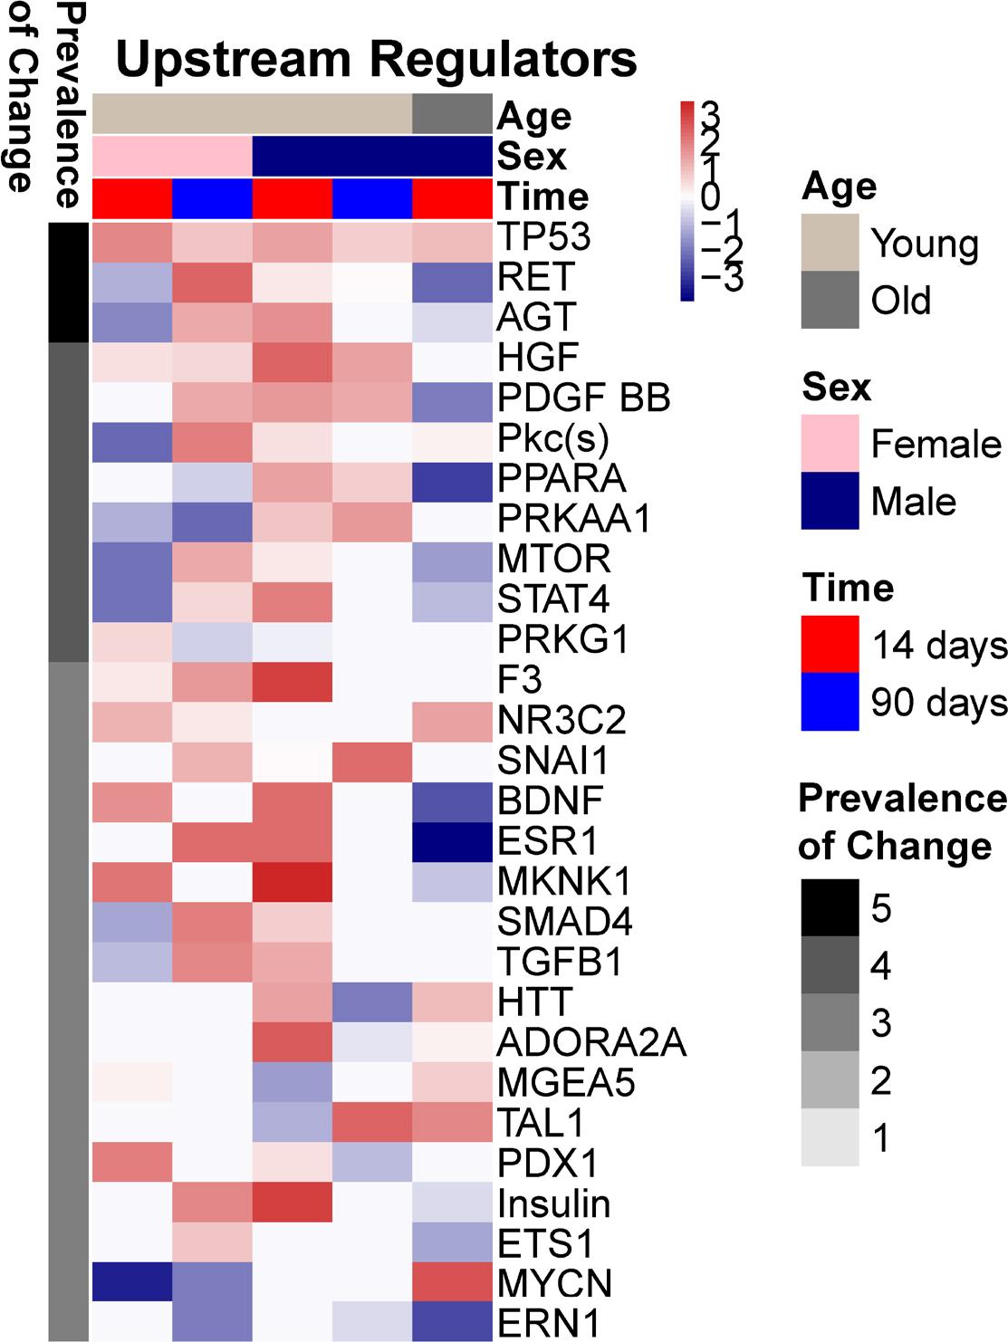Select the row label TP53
(543, 237)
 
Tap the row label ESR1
(548, 840)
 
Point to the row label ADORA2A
(591, 1042)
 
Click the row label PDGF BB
(584, 398)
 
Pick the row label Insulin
(554, 1203)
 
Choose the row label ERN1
(549, 1324)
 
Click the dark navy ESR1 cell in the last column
(452, 840)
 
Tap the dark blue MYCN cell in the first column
(132, 1283)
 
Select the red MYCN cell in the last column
(452, 1283)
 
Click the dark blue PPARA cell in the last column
(452, 478)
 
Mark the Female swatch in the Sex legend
(830, 444)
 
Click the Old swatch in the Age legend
(830, 300)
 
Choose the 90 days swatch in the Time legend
(830, 702)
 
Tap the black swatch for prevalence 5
(830, 907)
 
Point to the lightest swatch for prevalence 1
(830, 1137)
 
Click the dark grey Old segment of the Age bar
(452, 114)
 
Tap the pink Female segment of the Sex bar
(172, 156)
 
